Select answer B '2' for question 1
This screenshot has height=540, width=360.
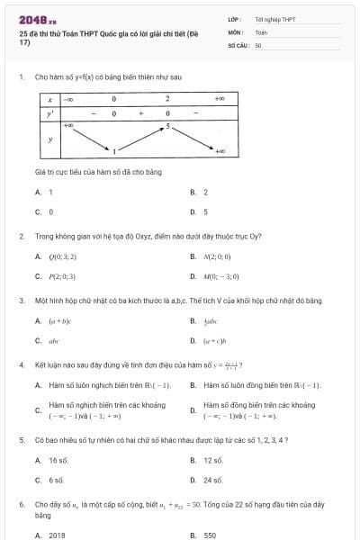pos(205,192)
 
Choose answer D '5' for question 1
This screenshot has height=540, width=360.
pos(205,211)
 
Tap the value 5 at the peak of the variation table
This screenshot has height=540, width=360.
pos(167,127)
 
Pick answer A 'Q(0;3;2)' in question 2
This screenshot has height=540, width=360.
pos(62,256)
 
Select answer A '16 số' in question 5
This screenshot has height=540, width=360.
pos(58,460)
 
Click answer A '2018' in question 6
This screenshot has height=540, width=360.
pos(57,535)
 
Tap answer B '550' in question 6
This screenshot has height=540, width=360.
pos(210,535)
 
